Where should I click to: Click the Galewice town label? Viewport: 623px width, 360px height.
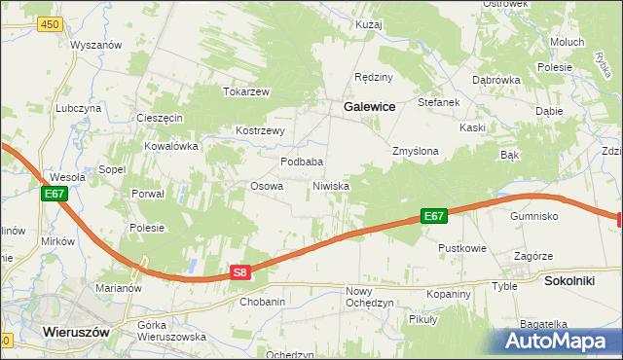click(367, 108)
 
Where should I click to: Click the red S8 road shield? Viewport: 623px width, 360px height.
click(242, 274)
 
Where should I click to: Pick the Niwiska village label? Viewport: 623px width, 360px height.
click(330, 185)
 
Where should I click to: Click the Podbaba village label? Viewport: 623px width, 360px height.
click(302, 162)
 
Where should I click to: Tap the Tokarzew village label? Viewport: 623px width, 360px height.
click(245, 91)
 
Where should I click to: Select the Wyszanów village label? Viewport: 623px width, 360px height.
click(94, 46)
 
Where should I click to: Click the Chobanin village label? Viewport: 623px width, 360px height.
click(262, 302)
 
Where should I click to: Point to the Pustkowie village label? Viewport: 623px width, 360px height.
click(461, 248)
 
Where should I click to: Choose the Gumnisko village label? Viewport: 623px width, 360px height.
click(533, 215)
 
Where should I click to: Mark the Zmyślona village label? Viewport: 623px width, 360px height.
click(416, 152)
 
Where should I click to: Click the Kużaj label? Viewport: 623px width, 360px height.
click(369, 22)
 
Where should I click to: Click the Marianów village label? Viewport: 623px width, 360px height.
click(119, 288)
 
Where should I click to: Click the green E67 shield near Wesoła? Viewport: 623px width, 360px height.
click(55, 195)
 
